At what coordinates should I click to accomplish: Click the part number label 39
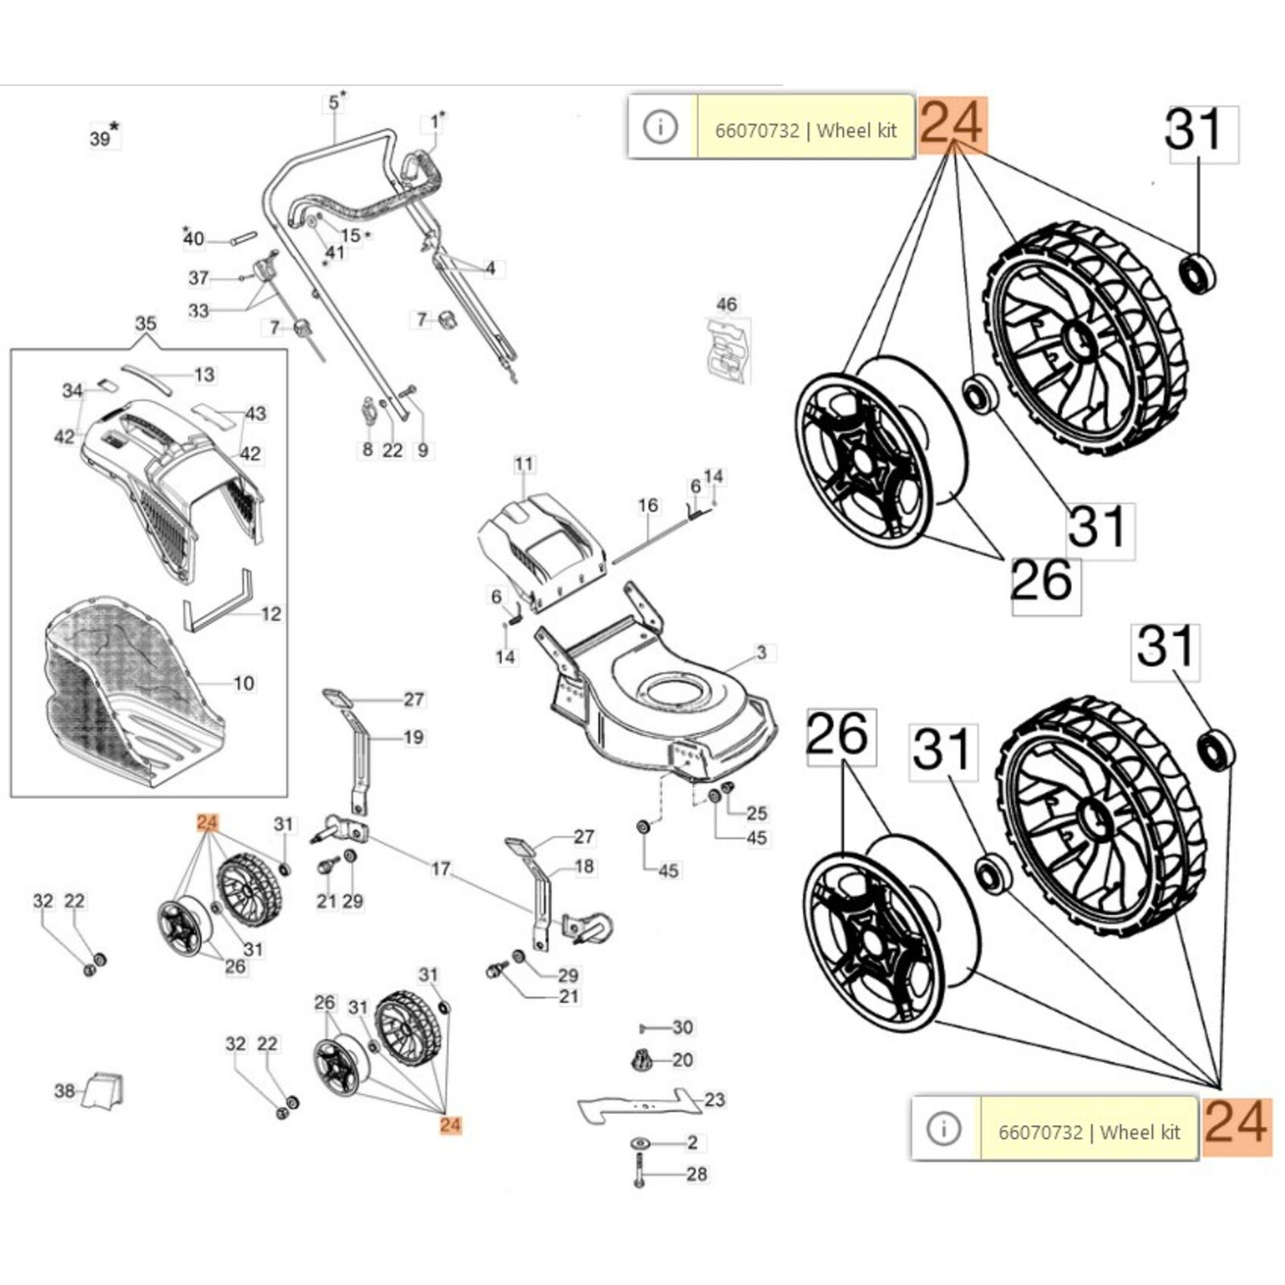click(x=100, y=138)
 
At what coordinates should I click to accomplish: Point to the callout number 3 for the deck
click(x=761, y=652)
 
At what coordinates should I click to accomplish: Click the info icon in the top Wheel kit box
click(x=661, y=127)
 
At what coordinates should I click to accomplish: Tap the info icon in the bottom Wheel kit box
click(x=944, y=1128)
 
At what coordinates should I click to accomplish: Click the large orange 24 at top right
click(x=952, y=125)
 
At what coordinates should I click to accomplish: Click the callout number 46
click(x=726, y=304)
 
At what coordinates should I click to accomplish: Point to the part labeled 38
click(x=104, y=1090)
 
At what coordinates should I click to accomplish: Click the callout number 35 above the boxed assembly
click(x=145, y=324)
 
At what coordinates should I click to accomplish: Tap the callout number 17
click(x=441, y=868)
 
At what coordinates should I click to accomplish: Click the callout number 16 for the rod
click(x=648, y=505)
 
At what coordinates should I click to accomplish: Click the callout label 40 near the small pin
click(x=194, y=239)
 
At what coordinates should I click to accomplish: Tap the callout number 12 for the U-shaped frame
click(x=271, y=614)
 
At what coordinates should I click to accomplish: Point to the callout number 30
click(x=683, y=1027)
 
